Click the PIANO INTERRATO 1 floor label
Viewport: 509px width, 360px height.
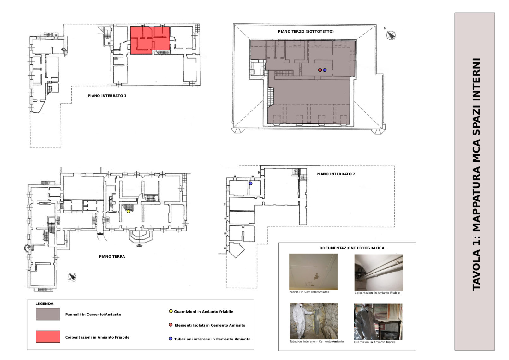[x=107, y=96]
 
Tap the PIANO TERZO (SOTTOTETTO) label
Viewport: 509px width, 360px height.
[x=306, y=31]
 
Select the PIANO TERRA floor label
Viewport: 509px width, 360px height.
[x=112, y=257]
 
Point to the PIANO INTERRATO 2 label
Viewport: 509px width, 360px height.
[x=336, y=174]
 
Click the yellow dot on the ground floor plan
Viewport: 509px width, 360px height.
[x=129, y=211]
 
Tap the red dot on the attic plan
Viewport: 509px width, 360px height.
[x=320, y=70]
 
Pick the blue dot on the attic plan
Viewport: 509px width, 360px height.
[x=325, y=70]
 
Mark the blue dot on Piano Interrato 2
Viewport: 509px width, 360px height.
[x=250, y=183]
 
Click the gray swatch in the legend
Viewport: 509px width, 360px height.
[x=48, y=314]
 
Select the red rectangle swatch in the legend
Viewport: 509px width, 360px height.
[x=48, y=337]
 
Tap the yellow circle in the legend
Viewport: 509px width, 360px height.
[x=171, y=311]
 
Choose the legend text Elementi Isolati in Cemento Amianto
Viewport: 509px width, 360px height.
[x=210, y=325]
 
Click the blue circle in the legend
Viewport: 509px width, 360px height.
[x=171, y=339]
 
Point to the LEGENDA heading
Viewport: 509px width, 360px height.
[x=44, y=304]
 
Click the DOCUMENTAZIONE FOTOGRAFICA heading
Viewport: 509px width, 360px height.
[x=352, y=248]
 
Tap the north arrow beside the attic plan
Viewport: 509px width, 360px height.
[x=391, y=35]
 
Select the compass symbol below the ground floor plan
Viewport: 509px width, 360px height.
[x=72, y=277]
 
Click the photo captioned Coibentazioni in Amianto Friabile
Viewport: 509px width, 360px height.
[x=379, y=272]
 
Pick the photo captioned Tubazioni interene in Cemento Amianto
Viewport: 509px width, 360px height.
[x=314, y=321]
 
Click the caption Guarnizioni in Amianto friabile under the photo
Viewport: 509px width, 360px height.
[x=375, y=342]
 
